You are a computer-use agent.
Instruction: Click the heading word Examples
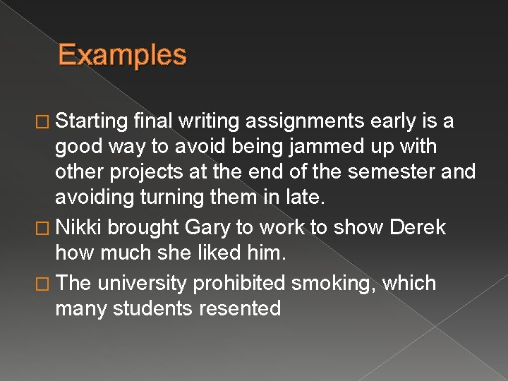(122, 55)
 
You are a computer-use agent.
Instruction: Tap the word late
(308, 198)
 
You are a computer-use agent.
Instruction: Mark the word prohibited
(241, 283)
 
